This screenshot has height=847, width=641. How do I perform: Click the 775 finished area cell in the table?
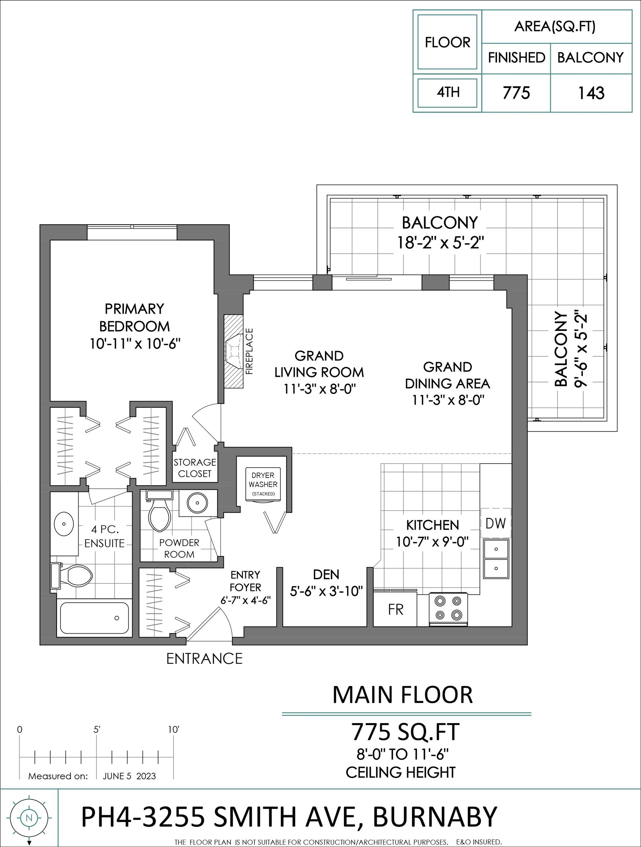coord(516,93)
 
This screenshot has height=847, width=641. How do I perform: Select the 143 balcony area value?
coord(591,93)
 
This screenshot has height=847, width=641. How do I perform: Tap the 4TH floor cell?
coord(447,93)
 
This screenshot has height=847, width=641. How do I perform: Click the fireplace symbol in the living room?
coord(234,351)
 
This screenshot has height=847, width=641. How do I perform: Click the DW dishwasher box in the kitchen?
coord(496,523)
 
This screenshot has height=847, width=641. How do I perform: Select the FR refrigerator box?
coord(395,609)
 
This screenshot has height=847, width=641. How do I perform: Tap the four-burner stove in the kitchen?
coord(448,608)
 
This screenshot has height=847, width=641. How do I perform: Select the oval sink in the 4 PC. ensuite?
coord(64,523)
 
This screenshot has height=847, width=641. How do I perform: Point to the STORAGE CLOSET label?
coord(195,468)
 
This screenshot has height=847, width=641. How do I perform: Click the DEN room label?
coord(326,574)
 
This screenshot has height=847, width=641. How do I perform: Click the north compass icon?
coord(29,819)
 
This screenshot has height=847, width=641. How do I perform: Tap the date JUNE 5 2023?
coord(129,776)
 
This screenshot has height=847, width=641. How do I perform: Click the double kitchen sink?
coord(496,559)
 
